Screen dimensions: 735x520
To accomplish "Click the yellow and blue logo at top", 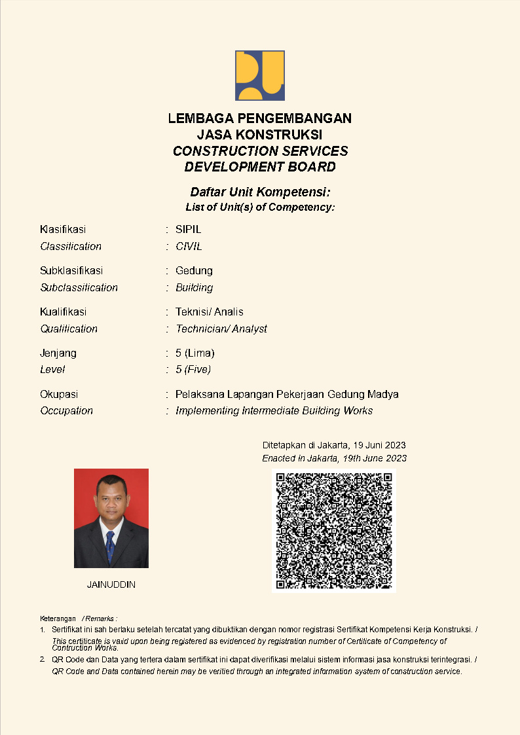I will click(260, 75).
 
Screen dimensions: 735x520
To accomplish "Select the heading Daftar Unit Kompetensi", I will click(260, 192).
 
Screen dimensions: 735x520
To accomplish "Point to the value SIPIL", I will click(189, 230).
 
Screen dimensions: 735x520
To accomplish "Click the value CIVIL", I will click(189, 247).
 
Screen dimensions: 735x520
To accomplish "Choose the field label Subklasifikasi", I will click(71, 271).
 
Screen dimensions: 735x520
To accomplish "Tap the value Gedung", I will click(194, 271).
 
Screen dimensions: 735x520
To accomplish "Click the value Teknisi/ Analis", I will click(210, 312).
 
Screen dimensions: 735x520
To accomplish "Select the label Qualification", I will click(69, 329).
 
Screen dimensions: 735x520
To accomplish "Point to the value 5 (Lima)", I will click(195, 353).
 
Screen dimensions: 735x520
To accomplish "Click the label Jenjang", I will click(58, 353).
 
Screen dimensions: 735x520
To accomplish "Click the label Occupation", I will click(66, 411).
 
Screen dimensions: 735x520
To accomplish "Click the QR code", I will click(334, 531).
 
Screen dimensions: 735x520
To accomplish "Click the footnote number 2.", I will click(43, 659).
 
